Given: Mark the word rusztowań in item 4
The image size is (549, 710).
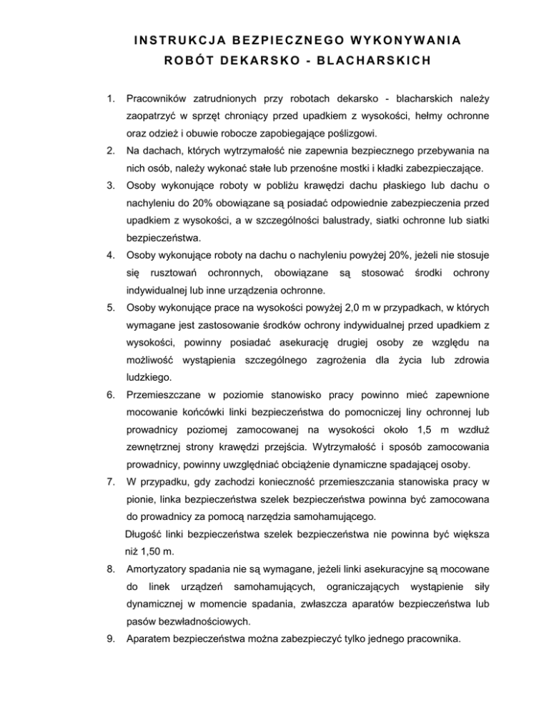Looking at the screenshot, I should click(172, 272).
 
